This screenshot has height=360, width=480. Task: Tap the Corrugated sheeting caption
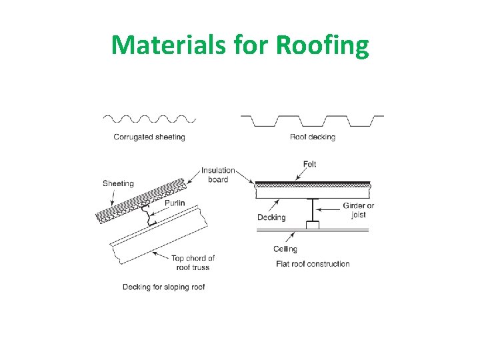click(149, 137)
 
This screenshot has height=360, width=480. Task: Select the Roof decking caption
click(313, 137)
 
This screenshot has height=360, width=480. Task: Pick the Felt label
click(309, 164)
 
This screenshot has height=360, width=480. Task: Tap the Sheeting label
click(118, 183)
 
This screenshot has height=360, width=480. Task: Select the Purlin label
click(175, 203)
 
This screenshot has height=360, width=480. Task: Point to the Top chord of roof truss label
click(193, 263)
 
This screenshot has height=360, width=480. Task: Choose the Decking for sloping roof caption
click(163, 287)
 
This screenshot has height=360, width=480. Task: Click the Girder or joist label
click(358, 210)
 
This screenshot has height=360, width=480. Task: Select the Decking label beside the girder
click(271, 217)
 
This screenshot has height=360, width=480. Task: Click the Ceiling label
click(285, 249)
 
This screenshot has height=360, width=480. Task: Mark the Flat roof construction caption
click(313, 264)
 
